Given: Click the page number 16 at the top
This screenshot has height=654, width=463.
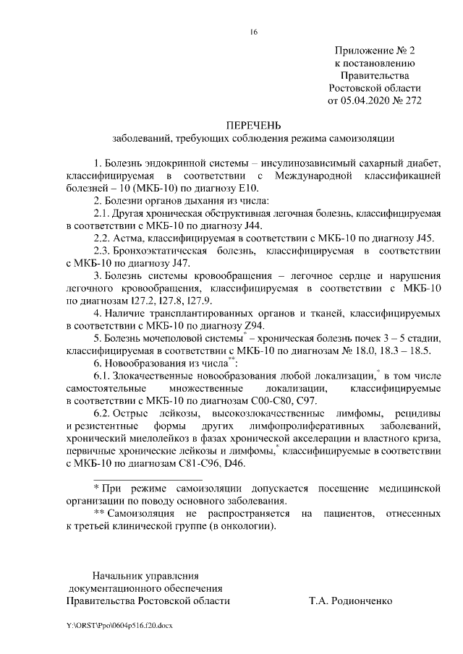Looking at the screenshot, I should coord(253,32).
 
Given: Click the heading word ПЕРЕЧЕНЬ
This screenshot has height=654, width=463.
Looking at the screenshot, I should coord(253,124).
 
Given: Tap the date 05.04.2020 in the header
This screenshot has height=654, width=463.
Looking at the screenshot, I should coord(366,100).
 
